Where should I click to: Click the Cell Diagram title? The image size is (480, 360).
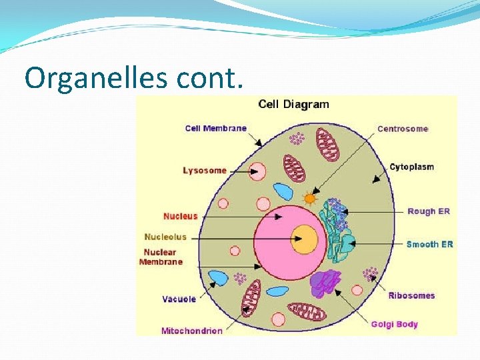(293, 104)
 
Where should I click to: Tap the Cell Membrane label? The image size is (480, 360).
(215, 128)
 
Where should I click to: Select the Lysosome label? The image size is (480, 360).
(205, 171)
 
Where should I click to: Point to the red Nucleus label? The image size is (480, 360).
(181, 216)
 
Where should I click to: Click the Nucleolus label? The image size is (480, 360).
(165, 237)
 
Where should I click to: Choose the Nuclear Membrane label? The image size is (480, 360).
(161, 257)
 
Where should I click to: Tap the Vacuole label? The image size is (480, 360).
(179, 299)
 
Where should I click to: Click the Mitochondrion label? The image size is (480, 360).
(192, 331)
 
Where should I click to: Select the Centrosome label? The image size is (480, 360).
(403, 129)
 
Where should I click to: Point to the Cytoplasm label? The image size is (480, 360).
(411, 167)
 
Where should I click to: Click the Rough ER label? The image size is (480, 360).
(429, 211)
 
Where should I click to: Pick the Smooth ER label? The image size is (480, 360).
(429, 244)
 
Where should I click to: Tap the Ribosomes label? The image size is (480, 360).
(411, 295)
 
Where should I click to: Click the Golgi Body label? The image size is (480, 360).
(395, 325)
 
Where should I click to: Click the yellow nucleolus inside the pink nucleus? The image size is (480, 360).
(306, 239)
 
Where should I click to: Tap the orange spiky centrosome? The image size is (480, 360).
(309, 198)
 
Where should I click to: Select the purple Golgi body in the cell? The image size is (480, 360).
(325, 283)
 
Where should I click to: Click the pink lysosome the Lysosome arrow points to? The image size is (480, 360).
(257, 172)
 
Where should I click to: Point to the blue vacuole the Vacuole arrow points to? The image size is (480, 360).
(218, 278)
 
